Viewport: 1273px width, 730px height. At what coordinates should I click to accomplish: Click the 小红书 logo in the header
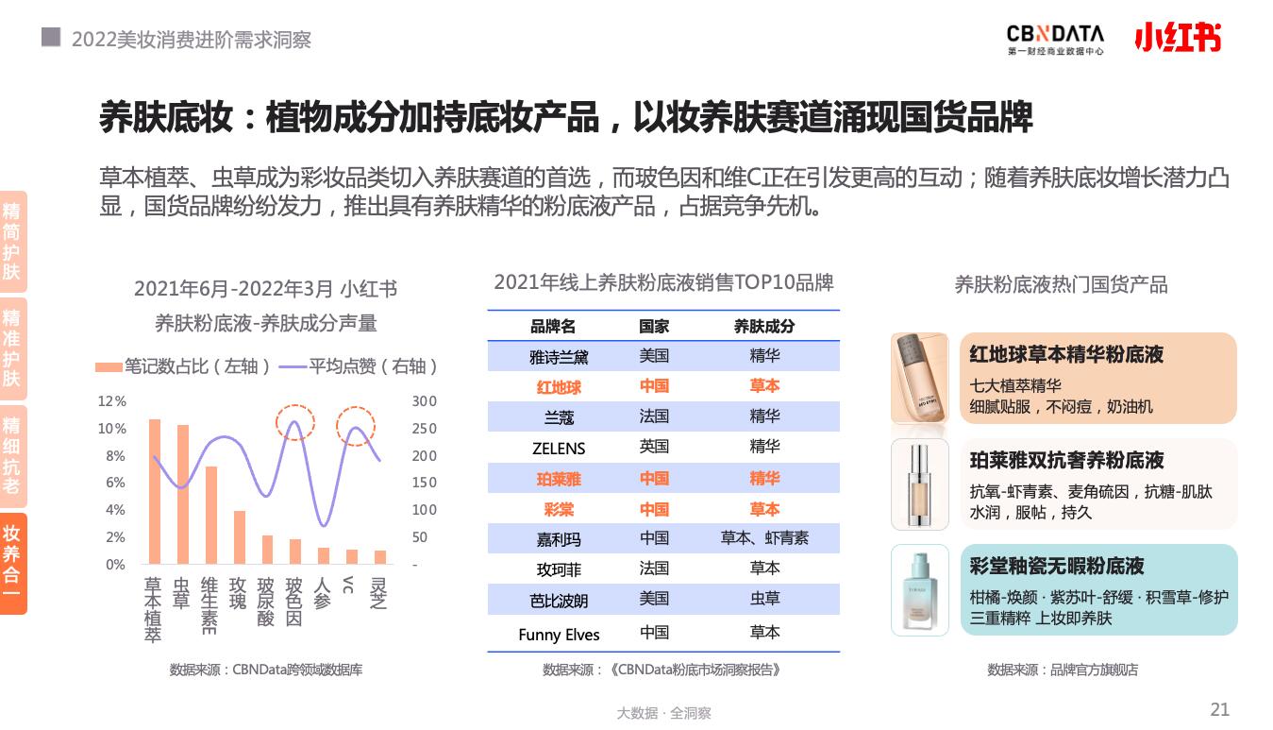(1177, 37)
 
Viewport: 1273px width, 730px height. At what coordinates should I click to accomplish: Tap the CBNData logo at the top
(1054, 38)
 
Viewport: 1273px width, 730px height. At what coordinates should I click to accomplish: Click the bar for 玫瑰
(240, 536)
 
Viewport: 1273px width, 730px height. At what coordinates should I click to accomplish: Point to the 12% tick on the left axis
(112, 401)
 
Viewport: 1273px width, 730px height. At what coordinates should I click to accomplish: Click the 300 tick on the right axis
(424, 401)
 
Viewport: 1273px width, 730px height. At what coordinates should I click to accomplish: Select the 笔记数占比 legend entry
(184, 366)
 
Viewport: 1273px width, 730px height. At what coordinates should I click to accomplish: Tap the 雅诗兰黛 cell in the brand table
(559, 357)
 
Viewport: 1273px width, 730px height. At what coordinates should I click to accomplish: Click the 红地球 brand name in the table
(559, 387)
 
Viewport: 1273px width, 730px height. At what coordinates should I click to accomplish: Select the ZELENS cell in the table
(559, 449)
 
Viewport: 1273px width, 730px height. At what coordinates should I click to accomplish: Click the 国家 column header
(654, 327)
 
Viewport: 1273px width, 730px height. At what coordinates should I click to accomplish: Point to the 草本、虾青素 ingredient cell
(764, 538)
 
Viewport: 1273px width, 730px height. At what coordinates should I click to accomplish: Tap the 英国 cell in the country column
(654, 447)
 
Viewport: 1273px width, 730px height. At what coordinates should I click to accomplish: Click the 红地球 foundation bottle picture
(919, 378)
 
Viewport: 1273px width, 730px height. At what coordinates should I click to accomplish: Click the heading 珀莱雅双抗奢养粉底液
(1066, 461)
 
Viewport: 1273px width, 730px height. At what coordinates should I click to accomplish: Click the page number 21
(1219, 710)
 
